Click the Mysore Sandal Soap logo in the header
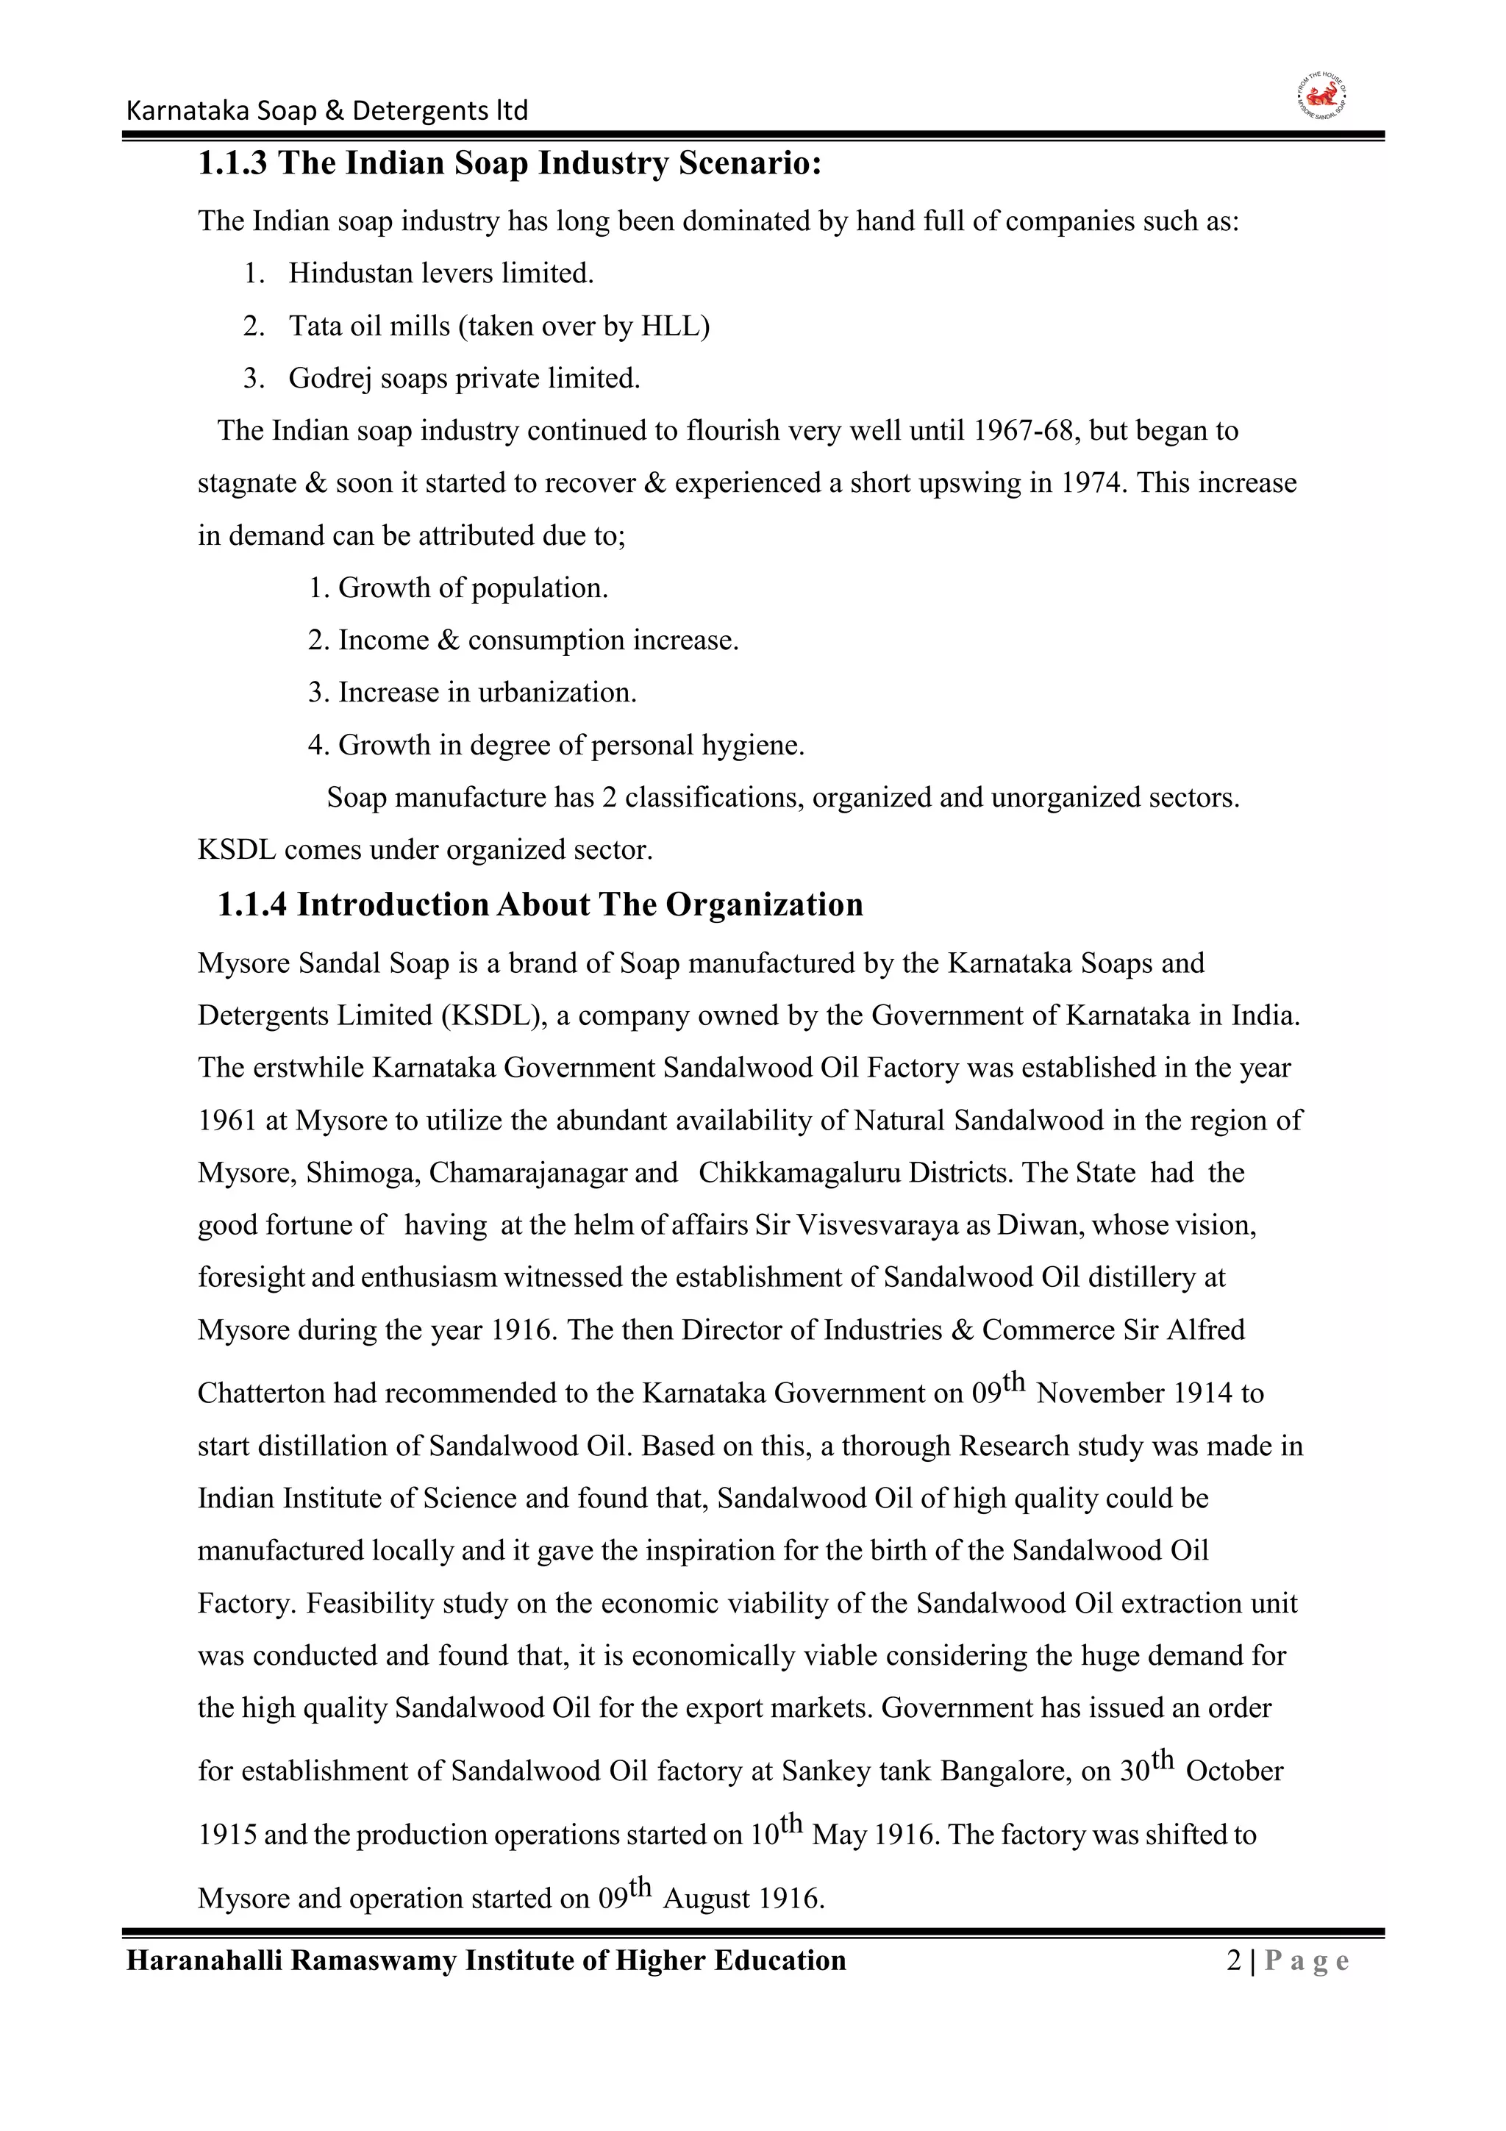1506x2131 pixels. coord(1321,99)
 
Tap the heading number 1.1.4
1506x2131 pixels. coord(252,905)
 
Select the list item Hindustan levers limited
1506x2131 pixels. coord(440,274)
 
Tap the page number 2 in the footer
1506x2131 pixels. coord(1233,1961)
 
